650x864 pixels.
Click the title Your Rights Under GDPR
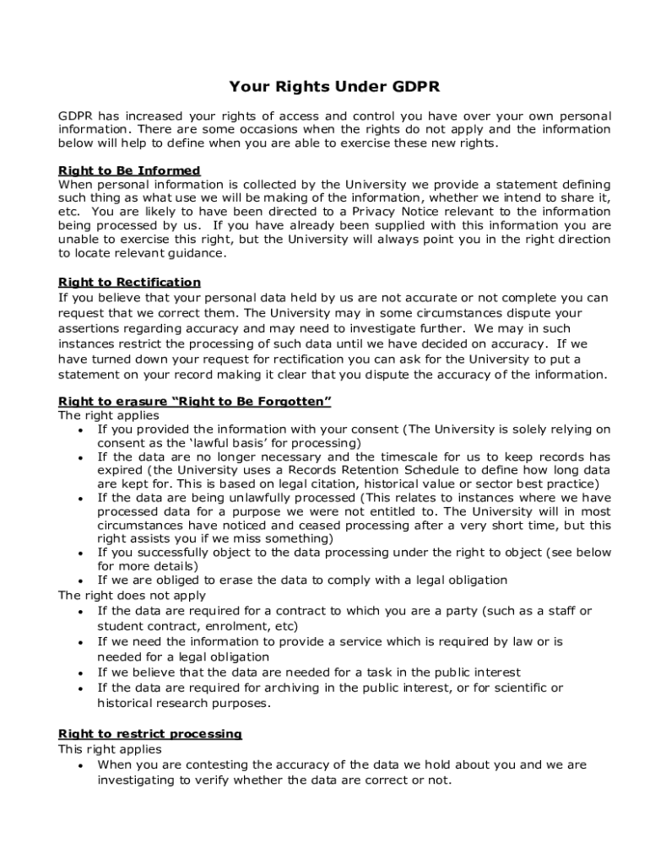tap(334, 87)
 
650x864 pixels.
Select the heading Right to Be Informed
tap(129, 170)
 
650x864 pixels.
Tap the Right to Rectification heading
tap(129, 282)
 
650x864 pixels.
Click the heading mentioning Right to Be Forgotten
tap(194, 401)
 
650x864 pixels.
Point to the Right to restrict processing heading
tap(149, 734)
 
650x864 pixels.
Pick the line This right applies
tap(110, 749)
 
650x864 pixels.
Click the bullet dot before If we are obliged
tap(79, 580)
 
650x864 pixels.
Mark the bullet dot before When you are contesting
tap(79, 765)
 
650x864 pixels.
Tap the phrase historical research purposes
tap(183, 703)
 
